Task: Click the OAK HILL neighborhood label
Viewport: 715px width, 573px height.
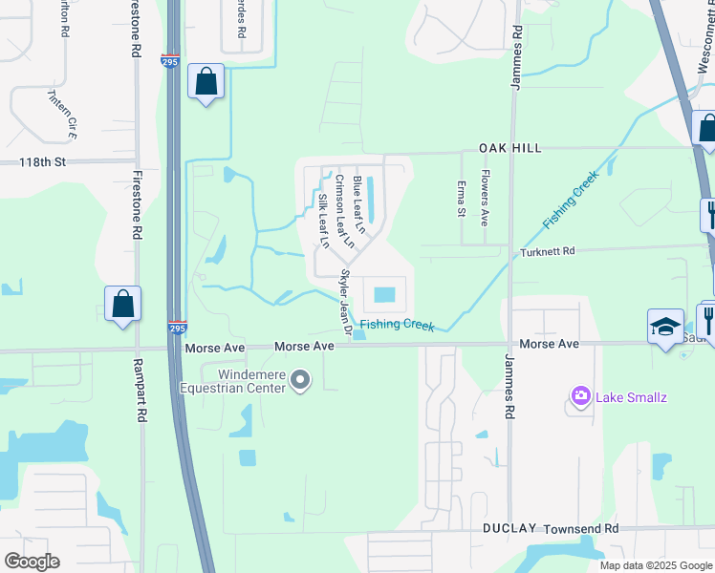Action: coord(510,148)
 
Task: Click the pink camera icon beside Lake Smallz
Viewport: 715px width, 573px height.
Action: coord(579,395)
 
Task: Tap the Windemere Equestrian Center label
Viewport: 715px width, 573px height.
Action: coord(239,381)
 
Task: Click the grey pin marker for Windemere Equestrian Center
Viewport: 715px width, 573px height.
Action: coord(301,382)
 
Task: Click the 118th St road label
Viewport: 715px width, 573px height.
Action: coord(43,162)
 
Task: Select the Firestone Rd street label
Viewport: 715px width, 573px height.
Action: coord(137,203)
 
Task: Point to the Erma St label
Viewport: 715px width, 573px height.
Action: coord(461,198)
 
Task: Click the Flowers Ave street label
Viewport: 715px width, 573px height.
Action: coord(485,198)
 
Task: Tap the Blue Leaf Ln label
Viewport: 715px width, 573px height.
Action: coord(358,204)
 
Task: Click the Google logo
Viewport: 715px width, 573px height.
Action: coord(32,562)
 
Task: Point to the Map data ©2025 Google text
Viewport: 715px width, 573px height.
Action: coord(656,565)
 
